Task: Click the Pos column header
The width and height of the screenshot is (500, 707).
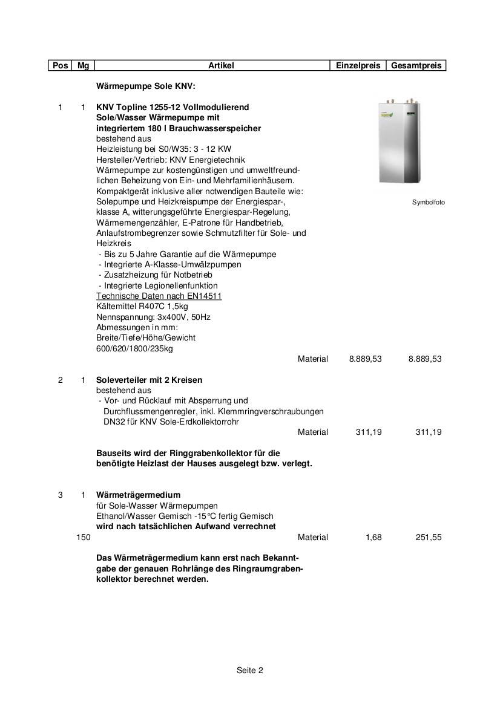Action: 60,65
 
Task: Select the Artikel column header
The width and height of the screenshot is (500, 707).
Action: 221,65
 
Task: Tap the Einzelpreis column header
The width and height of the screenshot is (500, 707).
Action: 358,65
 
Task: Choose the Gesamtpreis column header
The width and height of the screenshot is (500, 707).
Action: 416,65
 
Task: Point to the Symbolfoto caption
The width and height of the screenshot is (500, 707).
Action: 428,202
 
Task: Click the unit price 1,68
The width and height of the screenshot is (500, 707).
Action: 373,537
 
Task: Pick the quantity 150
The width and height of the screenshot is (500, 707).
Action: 84,537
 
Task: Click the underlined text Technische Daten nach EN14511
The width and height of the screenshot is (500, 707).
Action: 159,296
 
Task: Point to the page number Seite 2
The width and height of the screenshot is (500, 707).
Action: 250,670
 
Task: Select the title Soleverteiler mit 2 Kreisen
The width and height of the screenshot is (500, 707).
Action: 150,380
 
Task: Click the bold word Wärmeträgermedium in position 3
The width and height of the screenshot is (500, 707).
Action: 138,495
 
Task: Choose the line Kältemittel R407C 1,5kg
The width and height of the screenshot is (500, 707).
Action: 142,306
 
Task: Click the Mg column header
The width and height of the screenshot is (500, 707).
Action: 83,65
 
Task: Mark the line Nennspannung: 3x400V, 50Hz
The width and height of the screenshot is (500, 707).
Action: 153,317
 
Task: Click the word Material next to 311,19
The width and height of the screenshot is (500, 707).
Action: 313,432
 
